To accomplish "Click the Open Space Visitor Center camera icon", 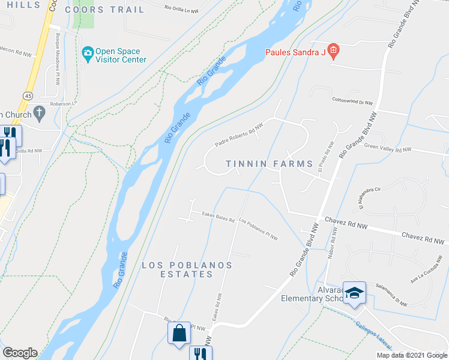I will (x=88, y=53).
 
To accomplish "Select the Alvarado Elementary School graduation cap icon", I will (x=354, y=293).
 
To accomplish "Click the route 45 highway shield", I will (x=28, y=95).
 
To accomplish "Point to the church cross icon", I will (x=39, y=112).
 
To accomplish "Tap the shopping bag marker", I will (x=179, y=332).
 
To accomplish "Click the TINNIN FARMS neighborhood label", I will (x=270, y=164).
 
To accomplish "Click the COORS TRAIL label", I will (x=104, y=10).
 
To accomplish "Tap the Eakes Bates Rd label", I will (x=218, y=216).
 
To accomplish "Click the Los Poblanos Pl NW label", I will (x=258, y=229).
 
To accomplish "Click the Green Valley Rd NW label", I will (x=388, y=148).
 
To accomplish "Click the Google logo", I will (x=20, y=353).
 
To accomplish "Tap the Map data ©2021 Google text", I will (x=411, y=355).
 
